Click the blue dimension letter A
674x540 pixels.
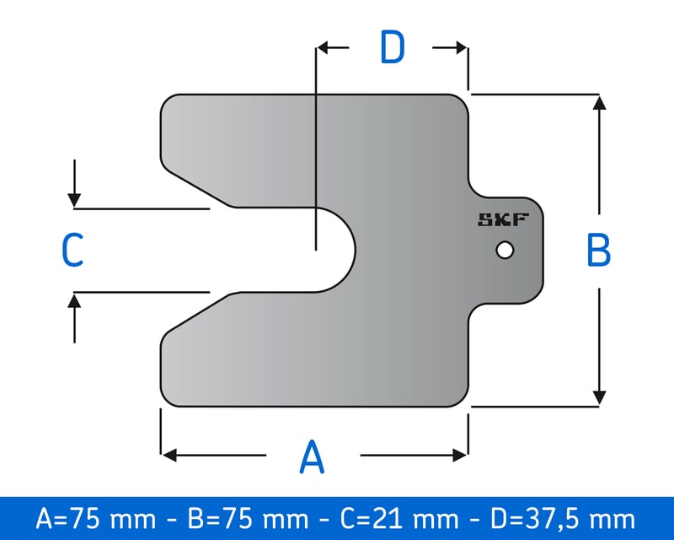tap(312, 456)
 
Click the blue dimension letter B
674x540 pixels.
tap(598, 250)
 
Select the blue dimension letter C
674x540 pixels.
tap(72, 251)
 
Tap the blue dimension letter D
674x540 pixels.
tap(392, 48)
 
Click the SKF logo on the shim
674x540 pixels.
tap(503, 221)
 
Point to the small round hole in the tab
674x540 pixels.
tap(505, 251)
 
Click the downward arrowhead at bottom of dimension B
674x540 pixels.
tap(599, 397)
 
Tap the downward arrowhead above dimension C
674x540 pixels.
tap(75, 200)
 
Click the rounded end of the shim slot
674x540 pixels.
tap(352, 250)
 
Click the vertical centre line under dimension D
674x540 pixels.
tap(315, 152)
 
